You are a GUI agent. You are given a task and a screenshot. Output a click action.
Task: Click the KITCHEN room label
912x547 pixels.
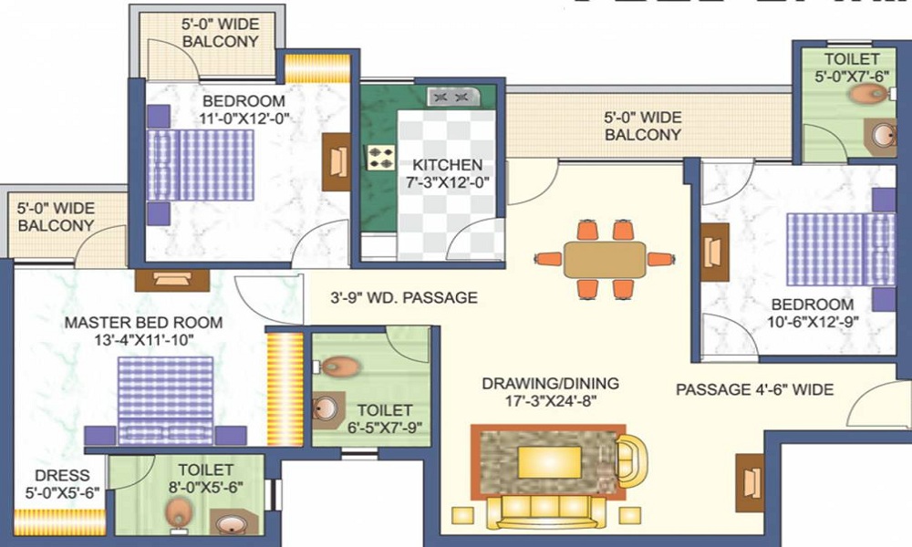[x=447, y=165]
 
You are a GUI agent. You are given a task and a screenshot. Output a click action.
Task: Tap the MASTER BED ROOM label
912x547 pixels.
[x=142, y=323]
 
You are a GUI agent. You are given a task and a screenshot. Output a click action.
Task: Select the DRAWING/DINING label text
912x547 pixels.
[x=551, y=383]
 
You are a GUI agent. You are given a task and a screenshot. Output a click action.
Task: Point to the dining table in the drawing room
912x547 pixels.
[x=604, y=260]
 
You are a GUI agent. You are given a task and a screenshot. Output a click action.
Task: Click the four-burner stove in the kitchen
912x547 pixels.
[x=379, y=158]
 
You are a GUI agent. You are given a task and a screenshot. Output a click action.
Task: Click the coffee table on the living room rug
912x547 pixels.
[x=550, y=461]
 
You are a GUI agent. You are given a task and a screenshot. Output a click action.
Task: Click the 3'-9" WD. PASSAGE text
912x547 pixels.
[x=404, y=297]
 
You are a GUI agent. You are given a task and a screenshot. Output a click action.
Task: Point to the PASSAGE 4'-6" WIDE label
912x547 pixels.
[x=754, y=389]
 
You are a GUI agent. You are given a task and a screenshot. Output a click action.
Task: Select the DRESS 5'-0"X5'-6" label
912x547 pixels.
[x=63, y=483]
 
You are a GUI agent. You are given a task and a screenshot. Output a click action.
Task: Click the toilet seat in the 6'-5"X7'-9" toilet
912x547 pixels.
[x=340, y=367]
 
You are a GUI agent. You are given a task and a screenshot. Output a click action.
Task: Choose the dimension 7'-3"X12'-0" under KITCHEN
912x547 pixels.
[x=447, y=181]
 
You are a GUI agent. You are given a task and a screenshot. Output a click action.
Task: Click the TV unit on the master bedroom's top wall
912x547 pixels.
[x=172, y=280]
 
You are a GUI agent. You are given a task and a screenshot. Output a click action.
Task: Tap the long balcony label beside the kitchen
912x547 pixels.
[x=643, y=126]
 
